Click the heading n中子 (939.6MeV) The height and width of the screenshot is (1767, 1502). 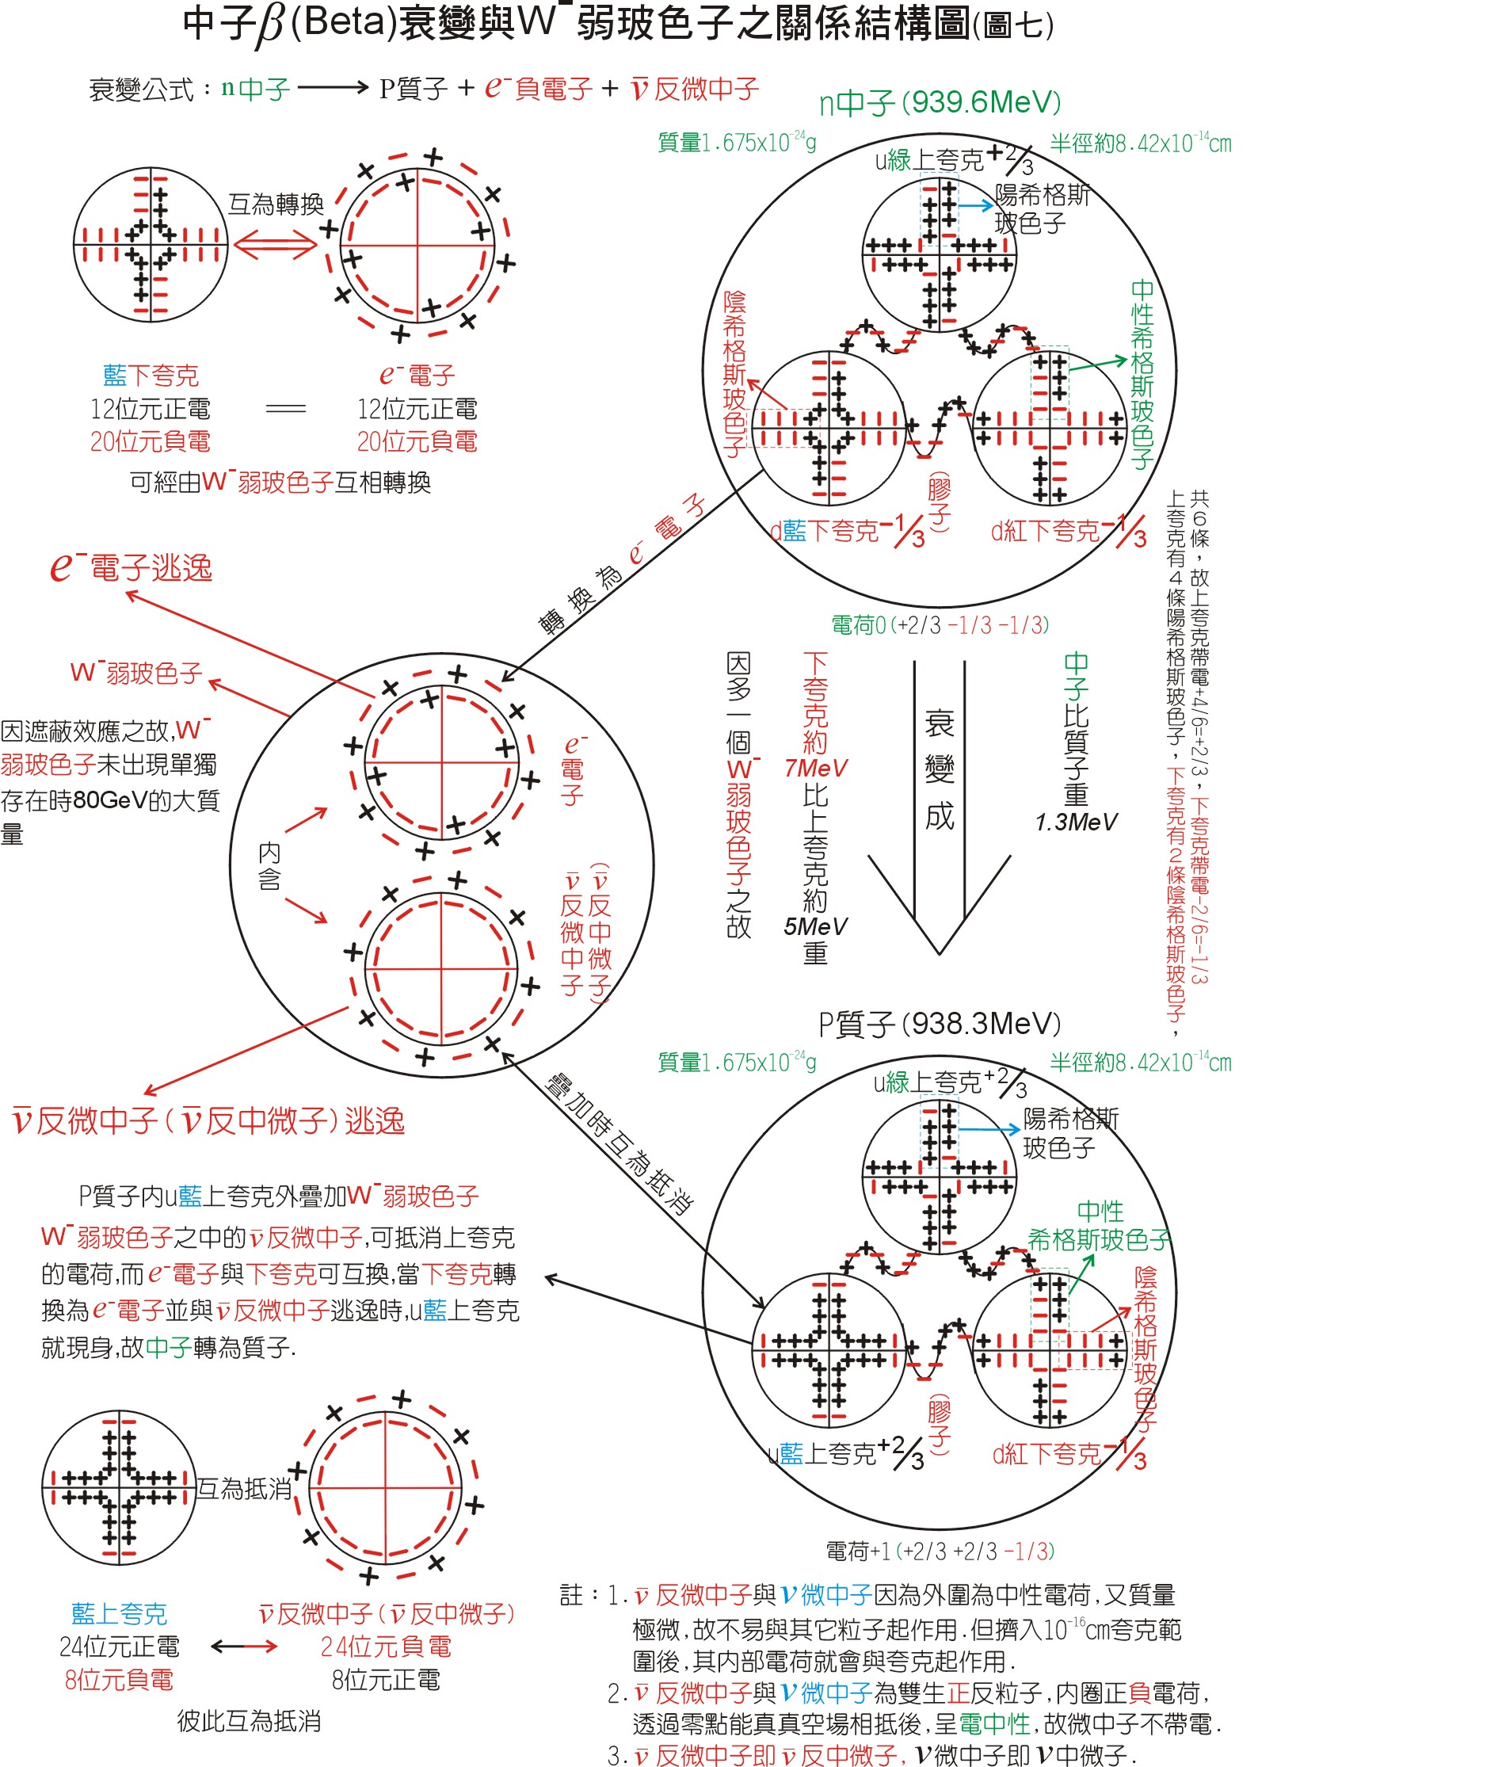click(x=940, y=103)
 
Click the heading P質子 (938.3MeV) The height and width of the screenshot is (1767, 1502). click(x=940, y=1024)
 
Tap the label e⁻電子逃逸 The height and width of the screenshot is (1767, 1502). click(x=132, y=567)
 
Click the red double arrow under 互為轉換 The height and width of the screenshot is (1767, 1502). click(x=275, y=246)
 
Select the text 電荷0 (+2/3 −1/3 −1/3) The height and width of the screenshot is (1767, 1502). click(x=940, y=626)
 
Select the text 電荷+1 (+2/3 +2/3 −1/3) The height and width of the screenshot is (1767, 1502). click(x=940, y=1551)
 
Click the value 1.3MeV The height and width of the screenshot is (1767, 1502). click(x=1076, y=822)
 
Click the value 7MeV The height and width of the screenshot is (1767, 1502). click(x=816, y=768)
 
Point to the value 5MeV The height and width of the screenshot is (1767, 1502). click(x=816, y=926)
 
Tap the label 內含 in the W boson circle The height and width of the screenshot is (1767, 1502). click(x=269, y=866)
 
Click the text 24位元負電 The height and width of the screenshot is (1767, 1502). click(x=386, y=1646)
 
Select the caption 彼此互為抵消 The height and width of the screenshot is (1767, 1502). click(x=249, y=1721)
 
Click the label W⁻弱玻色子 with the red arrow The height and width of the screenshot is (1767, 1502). click(x=136, y=673)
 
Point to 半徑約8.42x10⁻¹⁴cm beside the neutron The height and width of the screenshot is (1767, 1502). click(x=1140, y=143)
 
